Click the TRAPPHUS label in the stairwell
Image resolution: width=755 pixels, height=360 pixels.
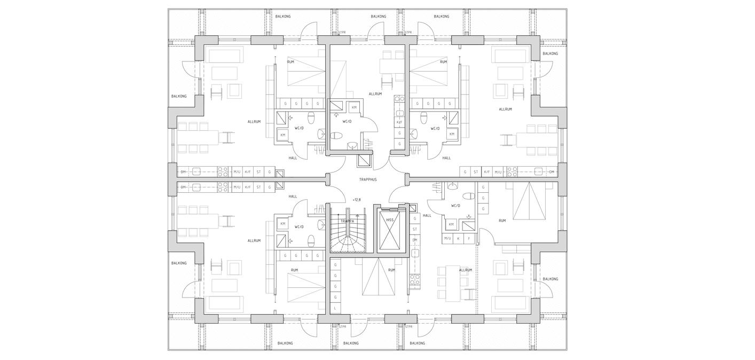coord(367,179)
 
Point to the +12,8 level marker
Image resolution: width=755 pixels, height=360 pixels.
coord(357,200)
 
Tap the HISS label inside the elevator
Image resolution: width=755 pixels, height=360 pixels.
coord(390,220)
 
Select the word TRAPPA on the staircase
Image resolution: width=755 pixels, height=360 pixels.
coord(348,221)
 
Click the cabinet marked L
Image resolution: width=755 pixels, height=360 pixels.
coord(335,308)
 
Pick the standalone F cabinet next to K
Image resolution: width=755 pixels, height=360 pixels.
coord(469,238)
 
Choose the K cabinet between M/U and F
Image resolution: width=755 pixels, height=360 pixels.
coord(458,238)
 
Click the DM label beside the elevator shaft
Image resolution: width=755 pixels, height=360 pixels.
coord(415,240)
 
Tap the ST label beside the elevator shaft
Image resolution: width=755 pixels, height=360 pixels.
coord(415,229)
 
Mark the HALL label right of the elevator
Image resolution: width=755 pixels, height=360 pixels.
coord(427,215)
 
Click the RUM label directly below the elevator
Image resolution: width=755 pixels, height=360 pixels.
coord(391,270)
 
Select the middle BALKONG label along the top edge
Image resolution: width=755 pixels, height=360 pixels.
coord(378,17)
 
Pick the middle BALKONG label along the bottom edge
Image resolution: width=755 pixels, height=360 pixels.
coord(351,343)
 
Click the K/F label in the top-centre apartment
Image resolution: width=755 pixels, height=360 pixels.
coord(399,123)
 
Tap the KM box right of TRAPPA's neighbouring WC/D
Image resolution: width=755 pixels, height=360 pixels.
coord(283,224)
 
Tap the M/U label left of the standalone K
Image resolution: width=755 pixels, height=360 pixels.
coord(447,238)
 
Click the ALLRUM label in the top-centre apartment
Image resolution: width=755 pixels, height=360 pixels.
coord(375,94)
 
